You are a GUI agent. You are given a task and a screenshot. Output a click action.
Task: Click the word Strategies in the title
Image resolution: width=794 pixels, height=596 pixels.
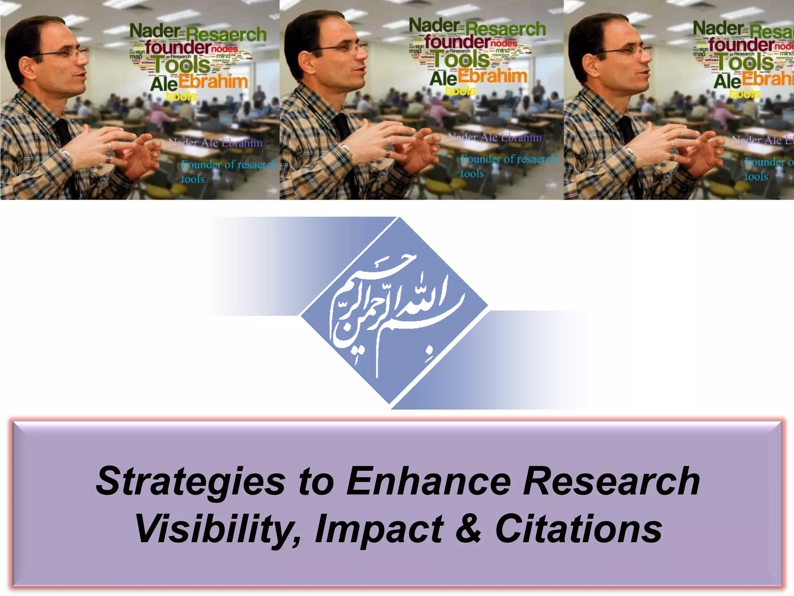click(x=190, y=482)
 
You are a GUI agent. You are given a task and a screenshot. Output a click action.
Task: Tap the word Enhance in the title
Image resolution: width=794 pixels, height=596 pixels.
click(x=428, y=481)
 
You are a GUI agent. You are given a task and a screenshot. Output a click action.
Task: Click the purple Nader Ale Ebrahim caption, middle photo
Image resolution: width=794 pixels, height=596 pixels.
click(x=495, y=137)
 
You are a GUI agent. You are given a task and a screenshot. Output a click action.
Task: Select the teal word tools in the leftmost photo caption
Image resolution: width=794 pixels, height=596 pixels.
click(x=193, y=179)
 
